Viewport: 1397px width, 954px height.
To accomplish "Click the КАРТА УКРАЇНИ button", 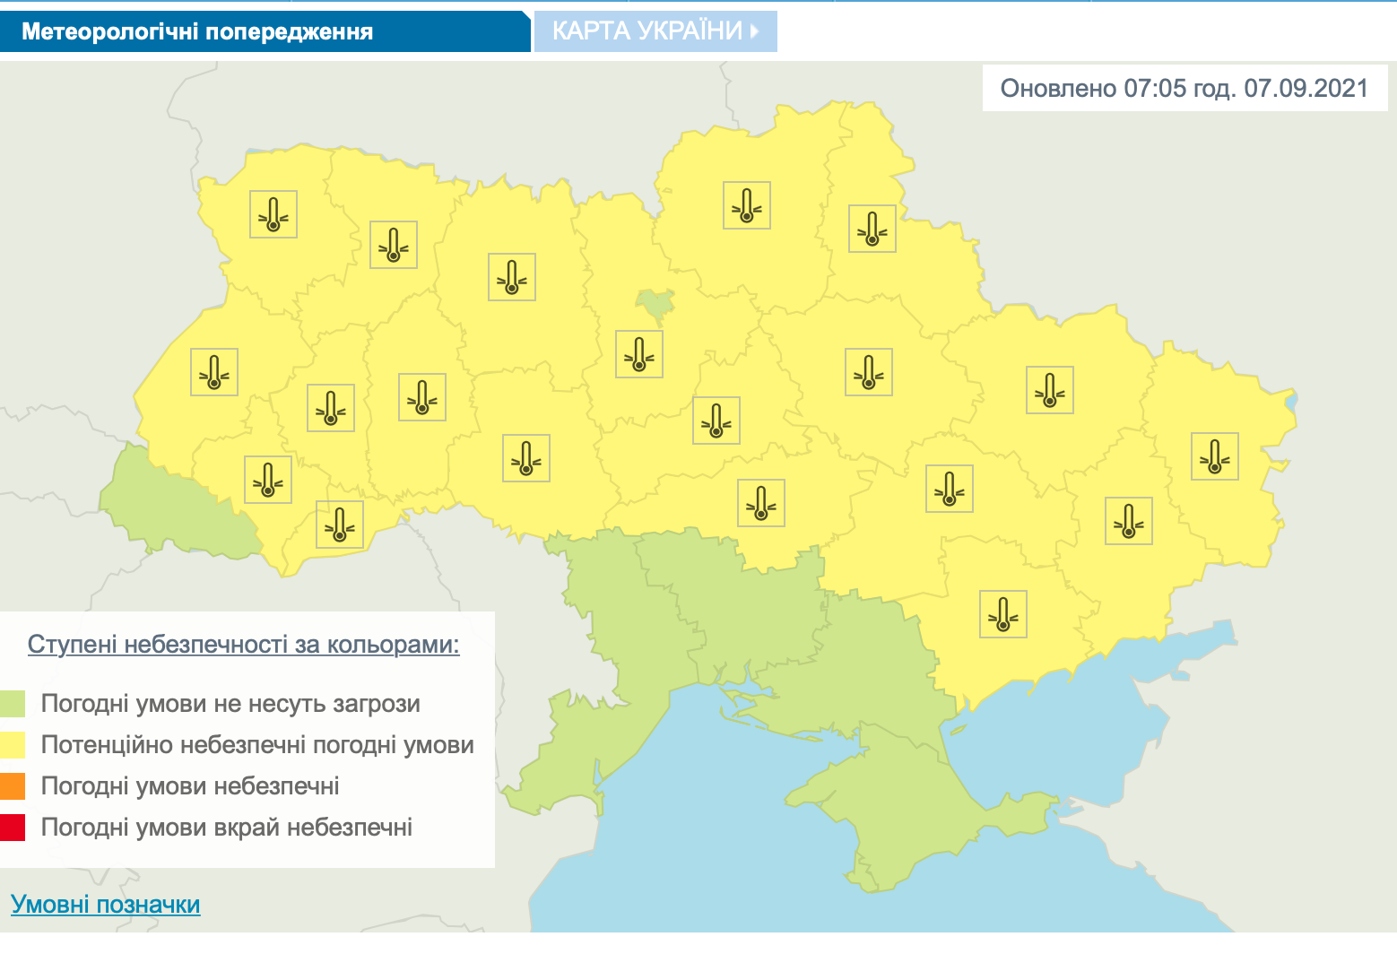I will click(x=655, y=31).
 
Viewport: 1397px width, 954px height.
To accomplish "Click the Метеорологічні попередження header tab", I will click(x=197, y=32).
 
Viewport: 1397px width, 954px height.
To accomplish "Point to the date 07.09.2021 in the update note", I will click(x=1306, y=88).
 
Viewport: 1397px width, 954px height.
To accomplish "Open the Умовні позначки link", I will click(x=106, y=904).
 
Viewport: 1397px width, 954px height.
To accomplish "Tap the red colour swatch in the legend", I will click(x=13, y=827).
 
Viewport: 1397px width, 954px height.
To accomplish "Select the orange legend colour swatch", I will click(x=13, y=786).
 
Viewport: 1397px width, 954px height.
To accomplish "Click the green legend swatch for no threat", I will click(x=13, y=704).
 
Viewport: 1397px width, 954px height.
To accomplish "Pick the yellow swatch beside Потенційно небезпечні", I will click(x=13, y=745).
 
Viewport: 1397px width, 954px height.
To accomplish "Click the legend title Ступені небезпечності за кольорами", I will click(x=243, y=645).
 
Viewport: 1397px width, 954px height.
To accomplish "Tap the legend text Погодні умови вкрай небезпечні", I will click(x=227, y=827).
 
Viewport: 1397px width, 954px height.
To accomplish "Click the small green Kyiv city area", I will click(x=656, y=305).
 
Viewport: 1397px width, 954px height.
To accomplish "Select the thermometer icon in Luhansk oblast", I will click(x=1215, y=456).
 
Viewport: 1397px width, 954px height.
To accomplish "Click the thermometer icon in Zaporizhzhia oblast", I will click(x=1003, y=614).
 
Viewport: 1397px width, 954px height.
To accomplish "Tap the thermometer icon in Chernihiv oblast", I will click(x=747, y=205).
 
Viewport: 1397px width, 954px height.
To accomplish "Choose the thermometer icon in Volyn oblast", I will click(x=273, y=214).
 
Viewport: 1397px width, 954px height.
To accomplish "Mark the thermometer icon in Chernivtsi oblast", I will click(x=340, y=525).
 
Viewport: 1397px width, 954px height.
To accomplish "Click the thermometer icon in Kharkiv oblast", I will click(x=1050, y=390).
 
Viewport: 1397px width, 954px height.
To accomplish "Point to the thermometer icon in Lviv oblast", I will click(x=214, y=372).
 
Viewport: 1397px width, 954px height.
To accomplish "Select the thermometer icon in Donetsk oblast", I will click(x=1129, y=521).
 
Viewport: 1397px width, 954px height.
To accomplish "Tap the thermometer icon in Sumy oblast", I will click(x=872, y=229).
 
